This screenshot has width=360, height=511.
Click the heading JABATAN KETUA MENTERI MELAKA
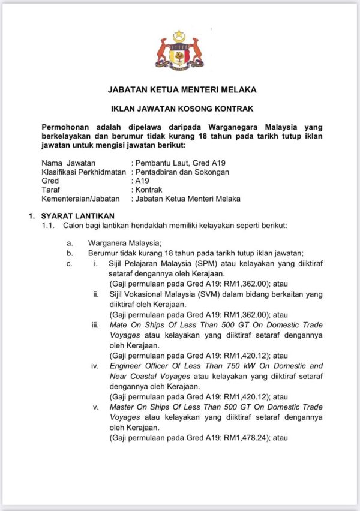[x=182, y=90]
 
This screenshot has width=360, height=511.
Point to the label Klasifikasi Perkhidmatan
[x=83, y=172]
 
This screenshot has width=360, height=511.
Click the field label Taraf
[x=50, y=190]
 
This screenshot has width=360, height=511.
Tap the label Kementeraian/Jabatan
[x=80, y=199]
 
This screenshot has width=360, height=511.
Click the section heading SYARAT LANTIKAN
[x=77, y=216]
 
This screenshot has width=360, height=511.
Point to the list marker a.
[x=70, y=243]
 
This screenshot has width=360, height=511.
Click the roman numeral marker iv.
[x=95, y=366]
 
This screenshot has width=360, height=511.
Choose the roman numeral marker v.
[x=96, y=407]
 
